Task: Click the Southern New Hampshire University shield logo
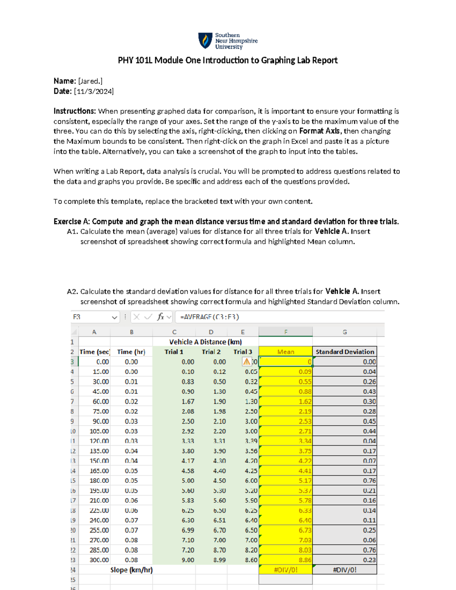205,41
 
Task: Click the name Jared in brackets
90,81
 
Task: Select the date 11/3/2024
93,91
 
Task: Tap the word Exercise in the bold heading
67,221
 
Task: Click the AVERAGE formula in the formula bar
209,317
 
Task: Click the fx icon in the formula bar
160,317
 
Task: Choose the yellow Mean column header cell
285,352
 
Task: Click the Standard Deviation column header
345,352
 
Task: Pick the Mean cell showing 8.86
285,560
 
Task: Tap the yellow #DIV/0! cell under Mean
285,570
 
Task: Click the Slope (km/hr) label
131,570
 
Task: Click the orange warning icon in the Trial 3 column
247,362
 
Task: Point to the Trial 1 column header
174,352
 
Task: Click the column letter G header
345,332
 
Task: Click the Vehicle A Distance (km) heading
205,342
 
